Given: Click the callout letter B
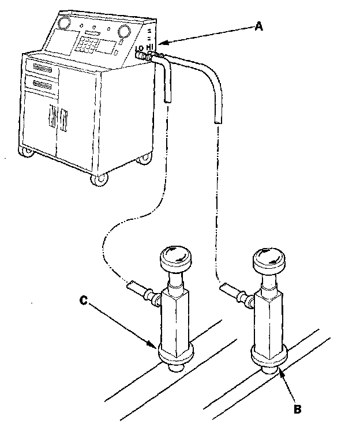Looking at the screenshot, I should [x=297, y=409].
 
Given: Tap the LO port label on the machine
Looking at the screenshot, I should [x=139, y=50].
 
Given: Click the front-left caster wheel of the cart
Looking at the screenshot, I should [x=27, y=153].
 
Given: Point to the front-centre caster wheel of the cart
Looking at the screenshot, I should [x=99, y=180].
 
